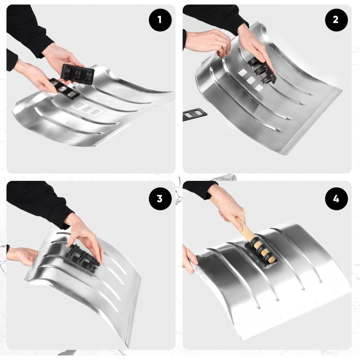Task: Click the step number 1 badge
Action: click(x=160, y=20)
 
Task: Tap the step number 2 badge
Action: click(x=336, y=20)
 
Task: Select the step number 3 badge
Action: click(x=160, y=198)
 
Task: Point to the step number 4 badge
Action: click(x=336, y=198)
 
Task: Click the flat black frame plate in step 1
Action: click(x=64, y=88)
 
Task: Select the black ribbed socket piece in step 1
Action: click(x=77, y=74)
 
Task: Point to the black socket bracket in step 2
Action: click(x=262, y=70)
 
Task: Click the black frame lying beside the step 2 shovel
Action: click(x=195, y=115)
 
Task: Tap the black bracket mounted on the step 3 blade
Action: click(x=81, y=258)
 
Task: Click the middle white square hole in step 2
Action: click(x=251, y=80)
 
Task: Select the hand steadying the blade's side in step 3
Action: click(x=23, y=256)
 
